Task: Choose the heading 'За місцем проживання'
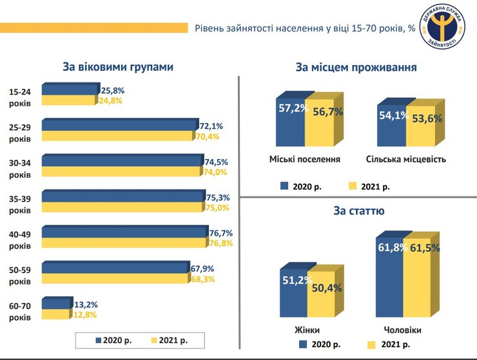pos(356,68)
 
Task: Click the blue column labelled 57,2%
pos(290,126)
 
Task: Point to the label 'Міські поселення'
pos(305,158)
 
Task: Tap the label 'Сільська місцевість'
pos(405,158)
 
